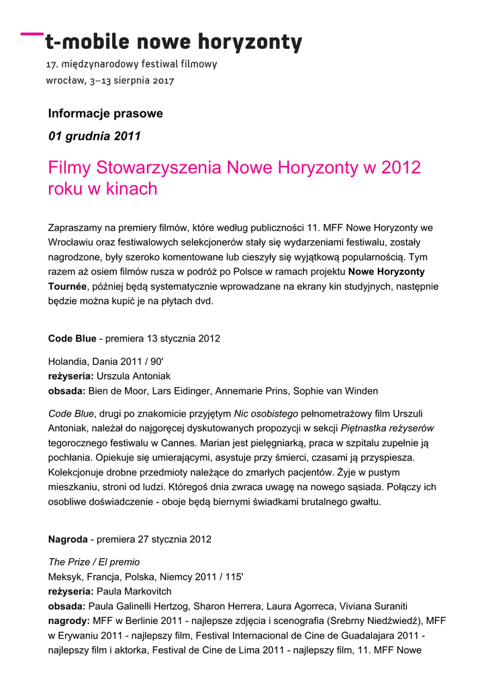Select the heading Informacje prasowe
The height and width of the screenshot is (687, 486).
tap(105, 113)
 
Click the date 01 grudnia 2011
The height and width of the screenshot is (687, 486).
tap(95, 136)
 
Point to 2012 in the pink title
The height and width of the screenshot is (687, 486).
tap(401, 167)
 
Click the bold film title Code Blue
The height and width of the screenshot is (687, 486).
tap(72, 338)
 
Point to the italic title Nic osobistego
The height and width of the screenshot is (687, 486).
tap(260, 413)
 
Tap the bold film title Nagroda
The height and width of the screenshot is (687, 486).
tap(68, 539)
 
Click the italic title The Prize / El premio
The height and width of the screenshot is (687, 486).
tap(94, 562)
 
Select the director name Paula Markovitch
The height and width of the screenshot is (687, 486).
tap(134, 592)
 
